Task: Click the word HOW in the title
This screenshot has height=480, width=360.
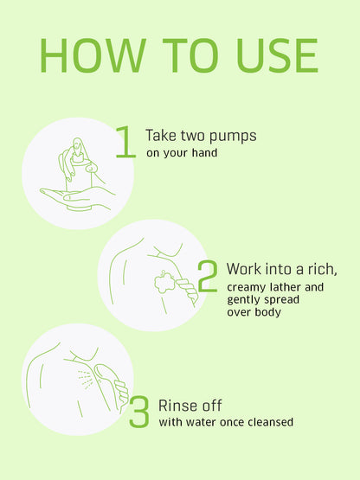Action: pyautogui.click(x=93, y=55)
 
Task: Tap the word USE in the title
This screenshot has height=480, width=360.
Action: pyautogui.click(x=277, y=55)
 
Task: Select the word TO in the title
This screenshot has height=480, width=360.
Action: pyautogui.click(x=190, y=55)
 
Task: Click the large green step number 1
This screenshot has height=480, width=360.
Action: pyautogui.click(x=126, y=142)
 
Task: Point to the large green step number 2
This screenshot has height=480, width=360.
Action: pyautogui.click(x=208, y=276)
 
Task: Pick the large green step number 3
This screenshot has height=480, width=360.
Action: pyautogui.click(x=139, y=412)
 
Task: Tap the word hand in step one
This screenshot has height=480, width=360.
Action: pyautogui.click(x=204, y=152)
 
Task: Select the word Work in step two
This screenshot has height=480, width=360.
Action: pyautogui.click(x=244, y=269)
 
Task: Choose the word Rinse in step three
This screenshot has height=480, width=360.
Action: pyautogui.click(x=176, y=406)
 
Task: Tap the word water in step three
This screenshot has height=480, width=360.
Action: pyautogui.click(x=199, y=422)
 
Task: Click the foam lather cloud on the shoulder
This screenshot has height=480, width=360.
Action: pyautogui.click(x=164, y=282)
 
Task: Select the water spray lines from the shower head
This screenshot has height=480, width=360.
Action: pyautogui.click(x=84, y=380)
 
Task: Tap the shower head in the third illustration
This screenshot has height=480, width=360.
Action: pyautogui.click(x=105, y=373)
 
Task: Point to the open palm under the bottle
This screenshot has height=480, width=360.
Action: pyautogui.click(x=77, y=196)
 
